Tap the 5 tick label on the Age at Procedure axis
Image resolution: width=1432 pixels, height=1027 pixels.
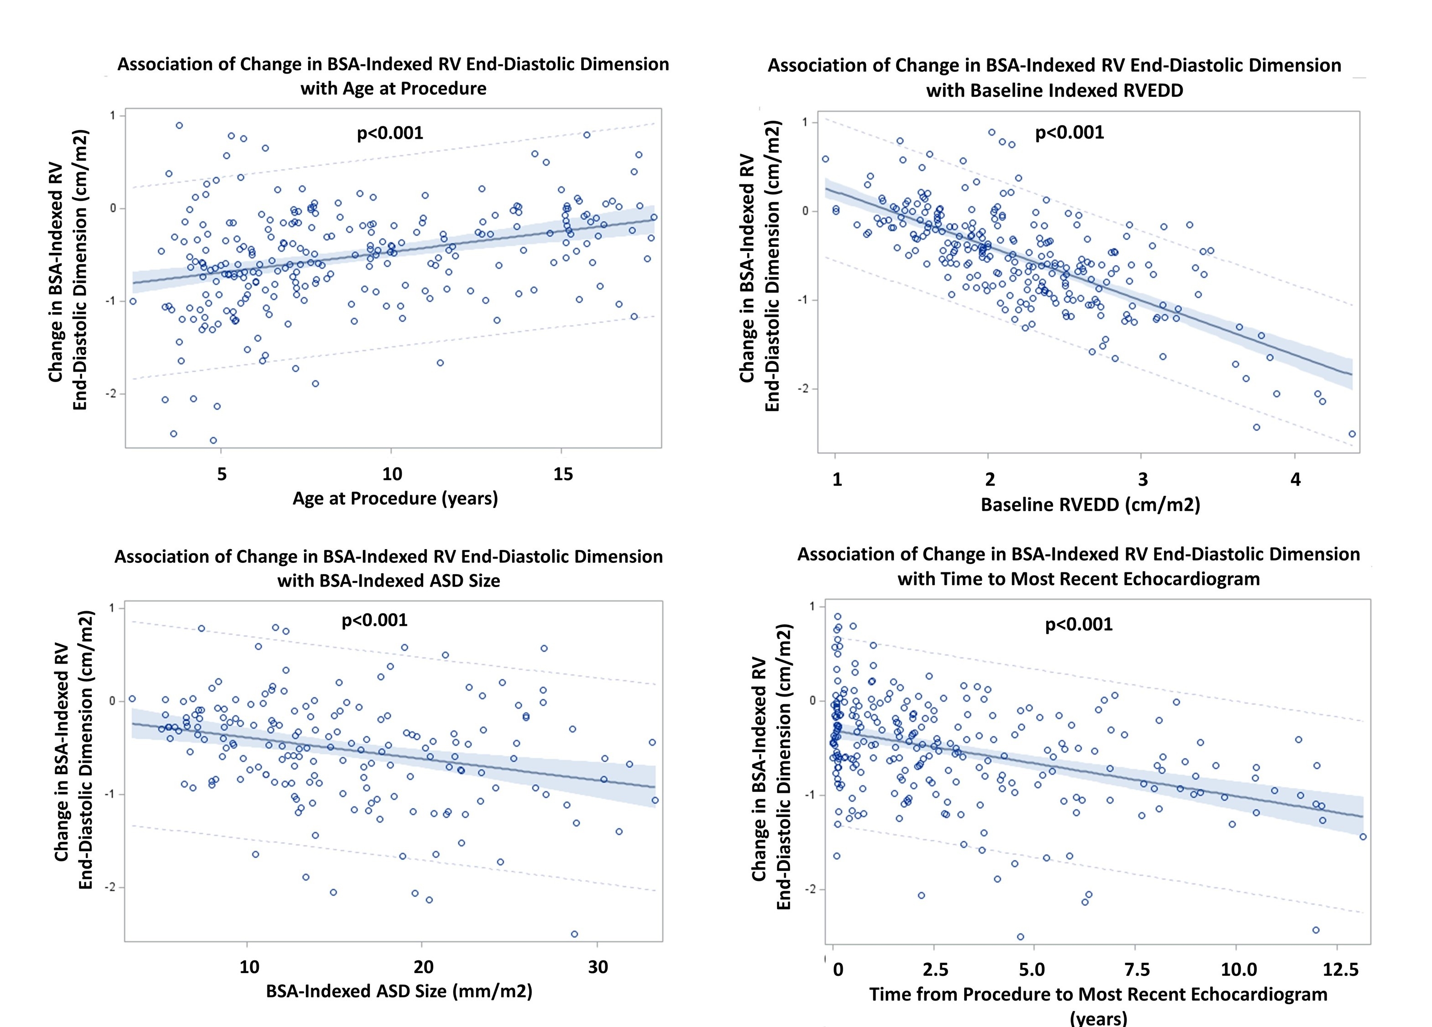[221, 474]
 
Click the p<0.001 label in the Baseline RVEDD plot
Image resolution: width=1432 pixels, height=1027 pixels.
[1070, 132]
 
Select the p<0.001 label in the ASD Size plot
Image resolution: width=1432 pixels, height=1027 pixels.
[374, 620]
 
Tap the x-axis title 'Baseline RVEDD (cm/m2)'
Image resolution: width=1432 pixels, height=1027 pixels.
[1091, 504]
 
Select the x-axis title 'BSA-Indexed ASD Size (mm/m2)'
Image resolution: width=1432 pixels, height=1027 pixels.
[399, 991]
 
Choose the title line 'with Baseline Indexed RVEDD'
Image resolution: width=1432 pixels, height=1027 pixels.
[1054, 90]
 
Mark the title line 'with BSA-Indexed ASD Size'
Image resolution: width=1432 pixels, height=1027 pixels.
[389, 581]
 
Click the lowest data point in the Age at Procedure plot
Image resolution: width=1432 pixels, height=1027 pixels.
[214, 440]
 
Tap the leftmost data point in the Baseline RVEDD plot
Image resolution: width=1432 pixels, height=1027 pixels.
[825, 159]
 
